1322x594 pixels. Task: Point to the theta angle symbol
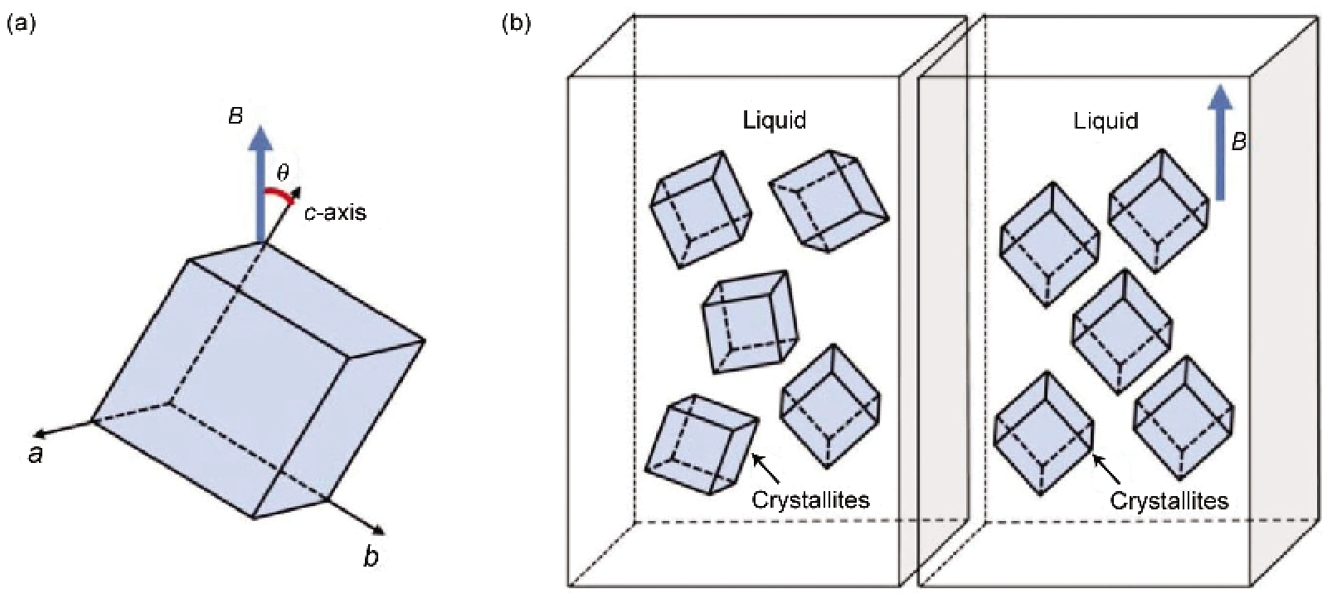click(x=283, y=173)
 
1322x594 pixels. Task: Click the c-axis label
click(x=333, y=212)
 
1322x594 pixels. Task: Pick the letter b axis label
click(x=371, y=557)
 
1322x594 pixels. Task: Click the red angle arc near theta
click(x=279, y=196)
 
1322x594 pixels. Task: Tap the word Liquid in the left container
click(x=774, y=120)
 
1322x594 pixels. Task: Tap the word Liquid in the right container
click(x=1106, y=120)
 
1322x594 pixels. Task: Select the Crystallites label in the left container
click(x=810, y=499)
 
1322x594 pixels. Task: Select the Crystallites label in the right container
click(x=1169, y=501)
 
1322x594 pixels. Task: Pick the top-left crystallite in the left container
click(x=701, y=208)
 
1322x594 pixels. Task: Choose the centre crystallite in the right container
click(x=1121, y=331)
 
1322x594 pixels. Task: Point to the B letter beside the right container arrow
click(x=1238, y=143)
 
